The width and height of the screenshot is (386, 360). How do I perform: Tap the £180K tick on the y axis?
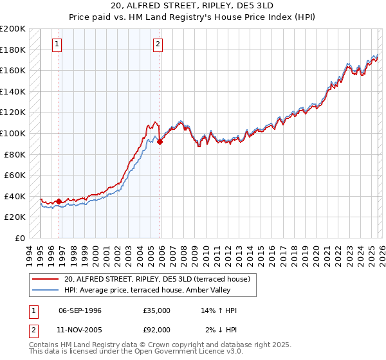[13, 50]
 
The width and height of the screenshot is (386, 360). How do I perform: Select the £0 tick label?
[21, 238]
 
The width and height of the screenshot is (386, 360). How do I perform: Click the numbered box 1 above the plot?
[57, 44]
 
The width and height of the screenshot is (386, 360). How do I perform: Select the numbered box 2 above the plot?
[158, 44]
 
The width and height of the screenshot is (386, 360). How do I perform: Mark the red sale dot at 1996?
[59, 201]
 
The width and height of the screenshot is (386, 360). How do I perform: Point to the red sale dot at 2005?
[160, 142]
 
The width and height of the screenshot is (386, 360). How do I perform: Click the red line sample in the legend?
[46, 279]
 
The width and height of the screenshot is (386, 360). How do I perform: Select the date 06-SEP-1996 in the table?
[80, 310]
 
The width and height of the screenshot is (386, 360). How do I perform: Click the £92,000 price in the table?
[156, 330]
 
